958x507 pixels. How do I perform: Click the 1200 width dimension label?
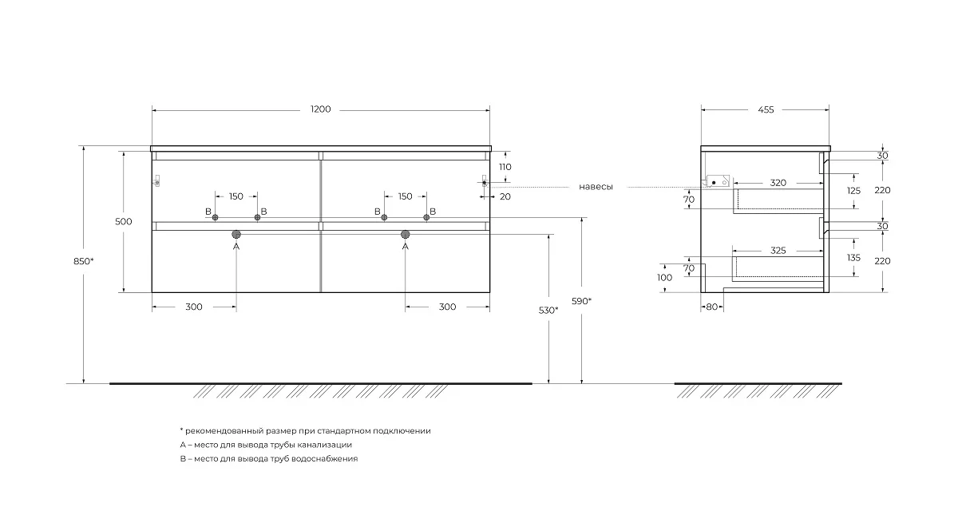click(x=321, y=109)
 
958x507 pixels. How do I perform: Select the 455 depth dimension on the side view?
click(x=766, y=110)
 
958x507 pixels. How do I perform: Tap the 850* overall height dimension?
click(x=83, y=261)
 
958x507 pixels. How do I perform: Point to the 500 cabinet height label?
click(x=124, y=222)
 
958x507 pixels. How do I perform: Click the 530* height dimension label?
click(x=548, y=311)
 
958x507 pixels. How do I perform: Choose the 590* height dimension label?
click(x=582, y=301)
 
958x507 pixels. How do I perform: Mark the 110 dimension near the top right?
click(x=505, y=167)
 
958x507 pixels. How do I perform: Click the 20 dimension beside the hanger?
click(x=505, y=196)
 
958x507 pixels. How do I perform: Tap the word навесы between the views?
click(x=596, y=187)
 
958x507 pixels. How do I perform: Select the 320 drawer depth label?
click(x=778, y=183)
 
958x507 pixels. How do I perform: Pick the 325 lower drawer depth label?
click(x=778, y=251)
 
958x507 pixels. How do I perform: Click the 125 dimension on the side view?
click(x=853, y=191)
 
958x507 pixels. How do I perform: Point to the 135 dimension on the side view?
click(x=853, y=258)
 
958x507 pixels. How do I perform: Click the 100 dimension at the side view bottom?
click(x=664, y=278)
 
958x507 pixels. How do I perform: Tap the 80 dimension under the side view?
click(x=711, y=307)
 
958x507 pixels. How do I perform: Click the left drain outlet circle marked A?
click(x=236, y=234)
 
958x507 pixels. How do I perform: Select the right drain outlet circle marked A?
click(x=405, y=234)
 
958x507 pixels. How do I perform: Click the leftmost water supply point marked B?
click(x=215, y=217)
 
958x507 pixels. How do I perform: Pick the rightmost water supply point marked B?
click(x=426, y=217)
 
